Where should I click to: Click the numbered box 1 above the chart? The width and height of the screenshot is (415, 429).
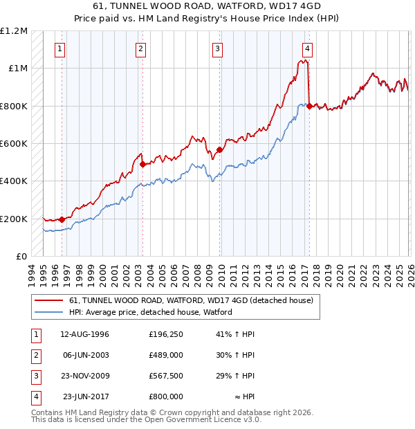61,49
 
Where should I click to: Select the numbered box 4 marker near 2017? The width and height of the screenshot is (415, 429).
306,49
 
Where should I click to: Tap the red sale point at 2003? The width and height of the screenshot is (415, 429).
142,165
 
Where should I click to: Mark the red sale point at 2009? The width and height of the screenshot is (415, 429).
219,149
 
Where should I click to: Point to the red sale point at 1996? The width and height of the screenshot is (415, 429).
62,219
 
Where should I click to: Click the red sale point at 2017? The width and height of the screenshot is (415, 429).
309,106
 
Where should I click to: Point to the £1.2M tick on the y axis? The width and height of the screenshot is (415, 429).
14,31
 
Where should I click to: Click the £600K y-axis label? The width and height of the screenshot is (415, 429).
14,144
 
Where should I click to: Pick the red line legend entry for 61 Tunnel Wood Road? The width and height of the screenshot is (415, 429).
191,300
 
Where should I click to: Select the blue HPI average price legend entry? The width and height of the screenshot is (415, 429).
150,312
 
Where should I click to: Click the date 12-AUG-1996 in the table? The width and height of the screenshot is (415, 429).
85,334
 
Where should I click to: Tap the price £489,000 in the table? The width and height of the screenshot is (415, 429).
166,355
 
